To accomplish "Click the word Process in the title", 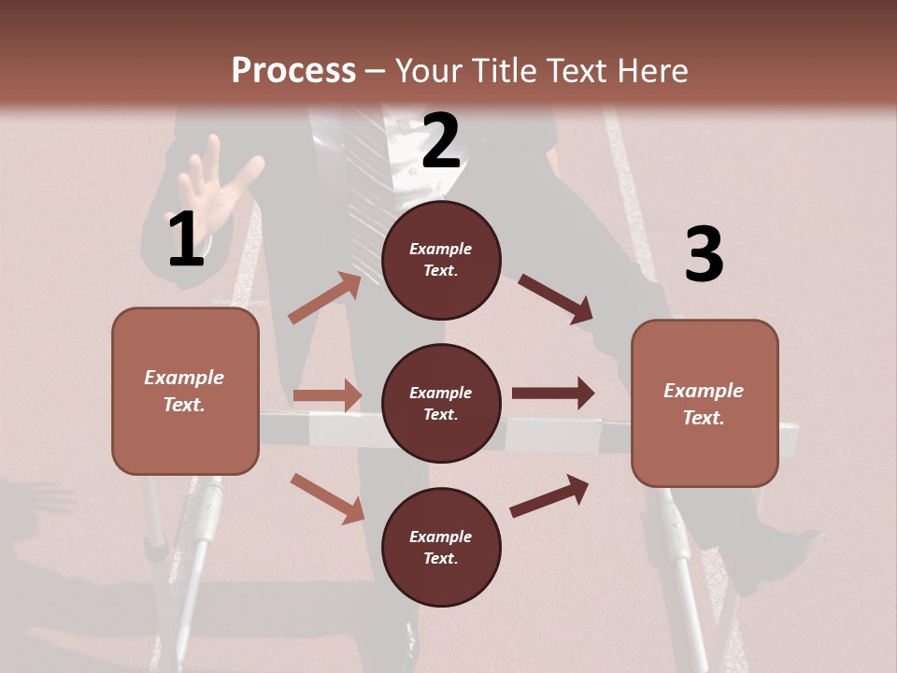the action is coord(293,70).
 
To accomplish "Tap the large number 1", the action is coord(186,240).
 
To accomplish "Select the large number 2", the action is coord(441,141).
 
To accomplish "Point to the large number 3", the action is coord(704,255).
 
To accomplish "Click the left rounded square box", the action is coord(185,391).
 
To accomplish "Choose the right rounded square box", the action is coord(705,404).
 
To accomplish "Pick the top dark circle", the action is coord(441,260).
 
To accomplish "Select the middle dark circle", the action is coord(441,403).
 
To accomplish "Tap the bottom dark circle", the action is coord(441,547).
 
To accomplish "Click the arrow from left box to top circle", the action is coord(325,298).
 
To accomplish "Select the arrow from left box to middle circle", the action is coord(327,395).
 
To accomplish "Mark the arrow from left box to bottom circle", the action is coord(327,498).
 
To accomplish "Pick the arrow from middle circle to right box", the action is coord(553,393).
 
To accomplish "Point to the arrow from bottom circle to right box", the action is coord(549,496).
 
